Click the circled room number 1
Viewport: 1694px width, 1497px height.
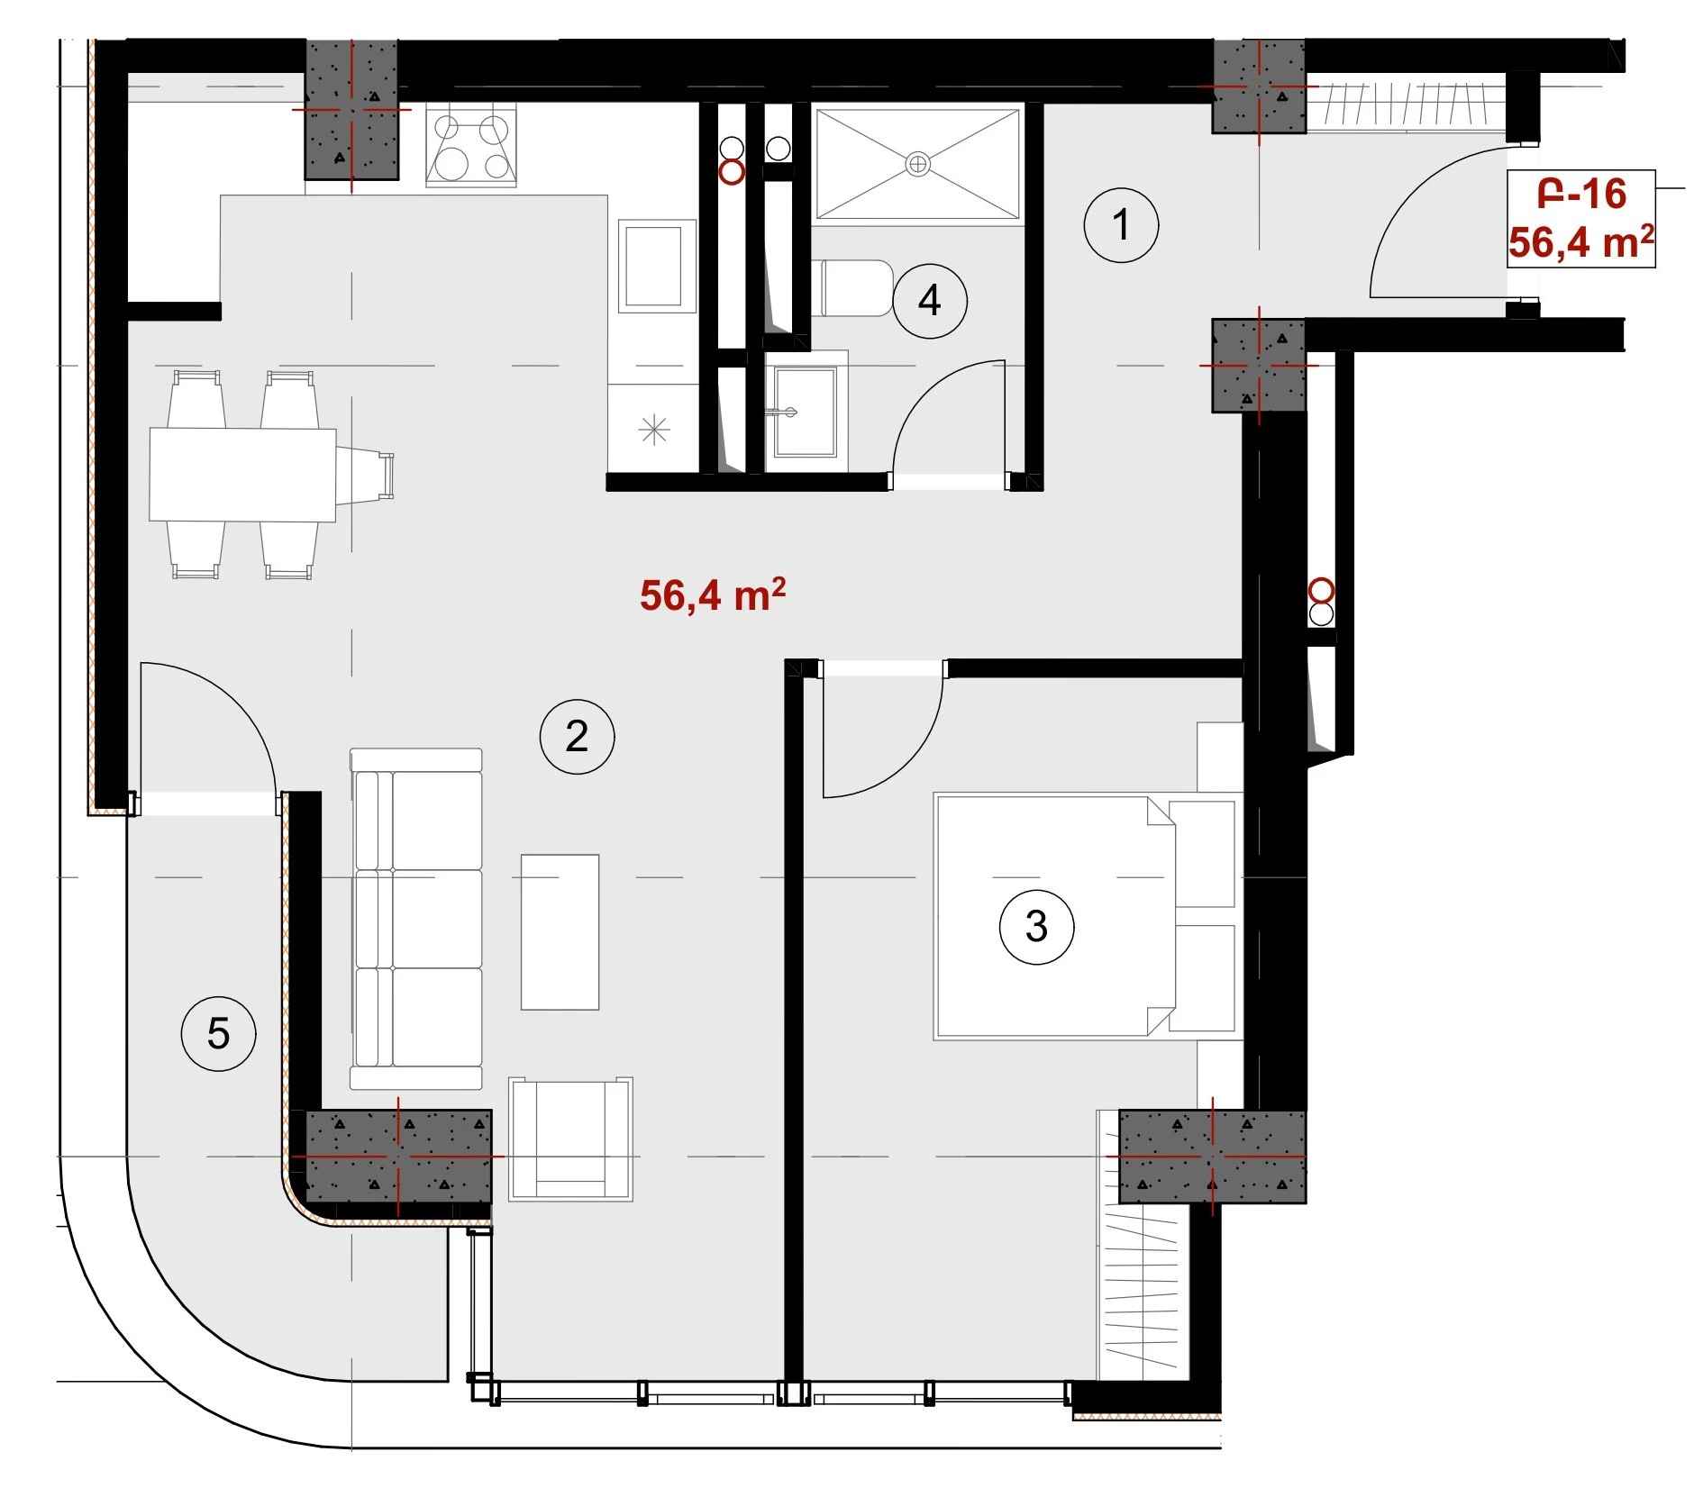point(1120,225)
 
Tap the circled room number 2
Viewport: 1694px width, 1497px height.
point(577,737)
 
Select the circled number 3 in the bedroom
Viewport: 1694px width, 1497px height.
point(1036,927)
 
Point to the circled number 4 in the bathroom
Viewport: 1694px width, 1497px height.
point(929,300)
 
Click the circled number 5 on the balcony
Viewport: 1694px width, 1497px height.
point(218,1033)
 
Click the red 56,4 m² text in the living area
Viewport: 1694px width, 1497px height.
point(713,595)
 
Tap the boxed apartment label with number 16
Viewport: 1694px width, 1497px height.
point(1581,219)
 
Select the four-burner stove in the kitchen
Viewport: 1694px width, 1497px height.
point(471,144)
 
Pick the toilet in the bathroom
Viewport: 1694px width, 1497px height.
point(852,288)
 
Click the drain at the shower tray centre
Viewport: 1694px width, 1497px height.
point(917,164)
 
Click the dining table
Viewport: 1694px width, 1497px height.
point(242,475)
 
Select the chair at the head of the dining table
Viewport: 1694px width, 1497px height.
point(365,475)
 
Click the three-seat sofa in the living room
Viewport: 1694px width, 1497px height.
point(415,919)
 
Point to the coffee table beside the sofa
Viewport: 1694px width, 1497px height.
point(560,932)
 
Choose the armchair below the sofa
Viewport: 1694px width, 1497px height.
point(570,1139)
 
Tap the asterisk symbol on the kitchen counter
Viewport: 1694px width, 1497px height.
point(654,430)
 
